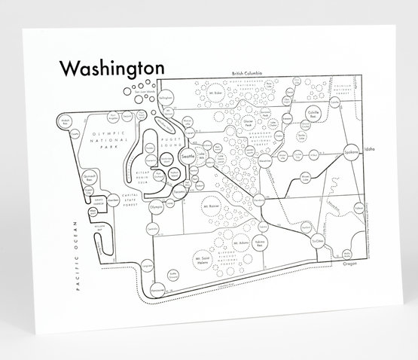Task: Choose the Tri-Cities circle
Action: (x=316, y=237)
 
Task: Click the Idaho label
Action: (x=368, y=150)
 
